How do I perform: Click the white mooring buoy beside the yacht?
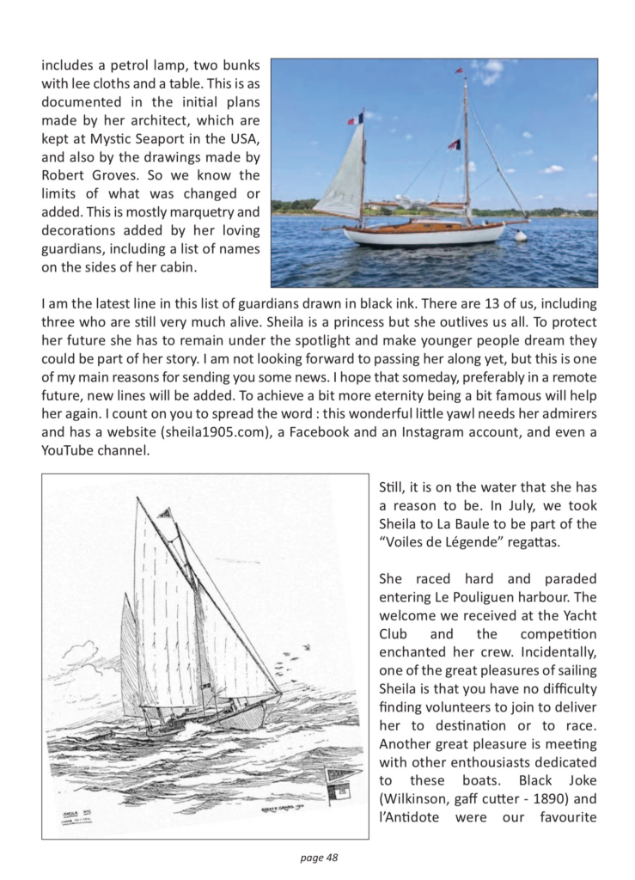[521, 235]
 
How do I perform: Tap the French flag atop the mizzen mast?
[357, 119]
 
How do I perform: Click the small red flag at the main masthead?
[459, 70]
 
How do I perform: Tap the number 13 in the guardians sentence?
[423, 303]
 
